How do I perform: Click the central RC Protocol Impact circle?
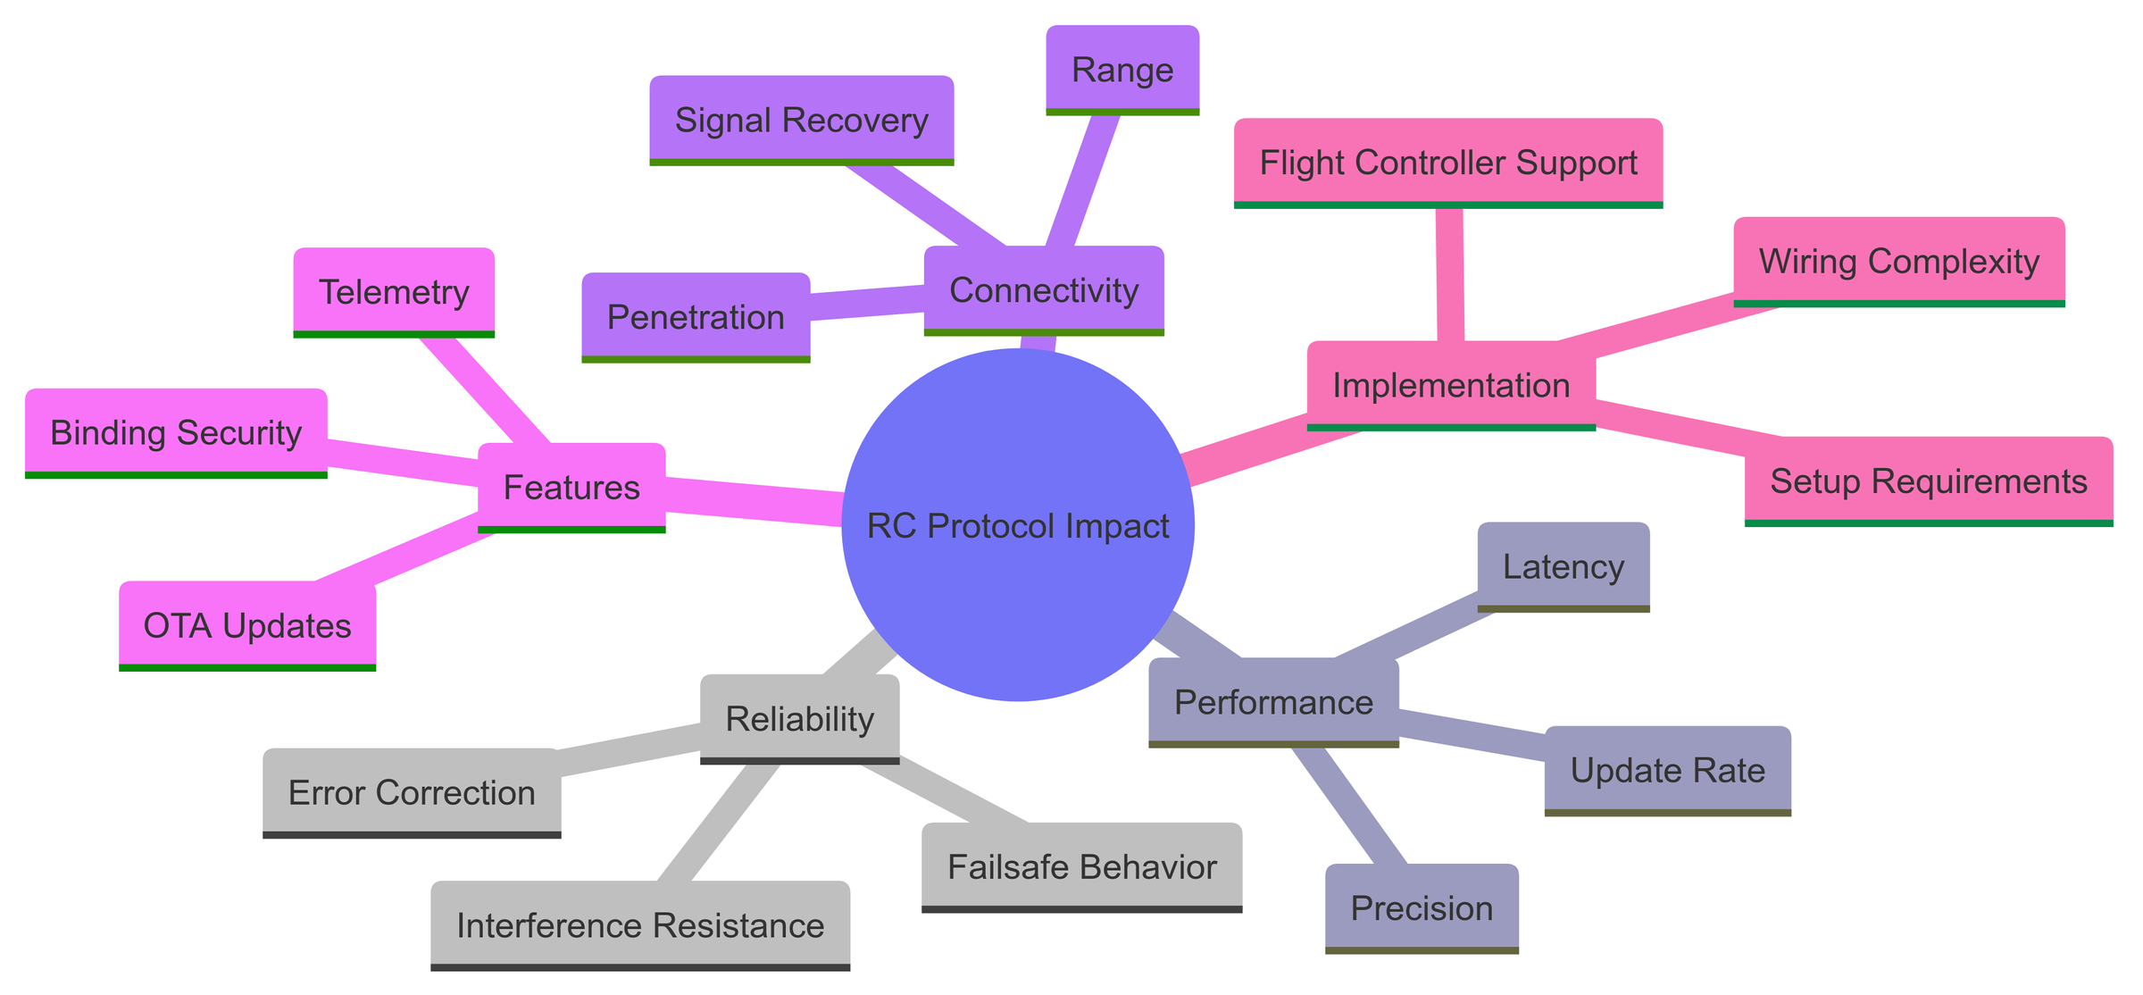pos(1018,525)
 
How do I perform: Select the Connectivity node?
pos(1044,290)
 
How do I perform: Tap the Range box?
pos(1122,70)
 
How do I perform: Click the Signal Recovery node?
pos(801,120)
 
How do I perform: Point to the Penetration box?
pos(696,317)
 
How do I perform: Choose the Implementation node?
pos(1451,385)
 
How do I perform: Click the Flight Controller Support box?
pos(1447,163)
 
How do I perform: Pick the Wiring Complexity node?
pos(1898,261)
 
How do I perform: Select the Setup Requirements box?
pos(1928,481)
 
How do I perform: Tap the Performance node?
pos(1273,702)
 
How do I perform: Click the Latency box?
pos(1563,566)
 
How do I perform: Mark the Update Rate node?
pos(1667,770)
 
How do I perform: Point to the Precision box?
pos(1422,907)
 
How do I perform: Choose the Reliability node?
pos(799,719)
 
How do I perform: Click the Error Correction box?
pos(412,792)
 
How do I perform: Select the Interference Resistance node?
pos(639,925)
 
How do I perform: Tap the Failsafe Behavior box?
pos(1081,866)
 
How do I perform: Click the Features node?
pos(571,487)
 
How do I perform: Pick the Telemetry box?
pos(394,292)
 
